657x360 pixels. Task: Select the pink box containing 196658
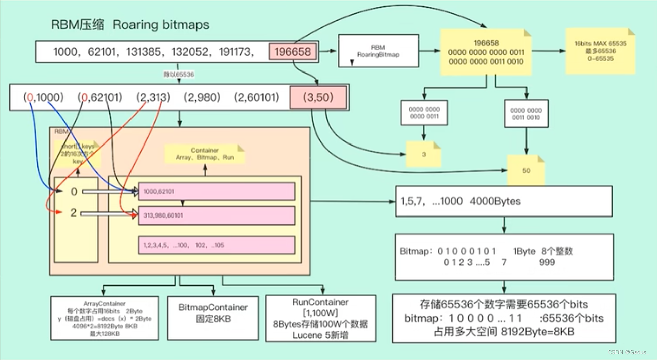(x=293, y=51)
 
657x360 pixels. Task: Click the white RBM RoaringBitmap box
(x=378, y=51)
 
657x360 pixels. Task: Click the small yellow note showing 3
(x=424, y=154)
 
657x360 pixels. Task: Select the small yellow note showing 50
(x=526, y=170)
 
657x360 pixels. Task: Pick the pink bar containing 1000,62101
(x=216, y=192)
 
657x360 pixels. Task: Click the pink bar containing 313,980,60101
(x=216, y=215)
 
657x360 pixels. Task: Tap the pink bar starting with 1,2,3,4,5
(x=216, y=245)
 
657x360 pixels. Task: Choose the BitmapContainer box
(x=214, y=317)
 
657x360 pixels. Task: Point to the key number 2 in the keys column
(x=73, y=213)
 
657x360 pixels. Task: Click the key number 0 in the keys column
(x=73, y=191)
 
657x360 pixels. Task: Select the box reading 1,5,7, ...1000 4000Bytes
(x=504, y=201)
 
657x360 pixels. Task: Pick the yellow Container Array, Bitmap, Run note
(x=205, y=154)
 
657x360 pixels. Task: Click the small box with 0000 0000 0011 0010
(x=526, y=113)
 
